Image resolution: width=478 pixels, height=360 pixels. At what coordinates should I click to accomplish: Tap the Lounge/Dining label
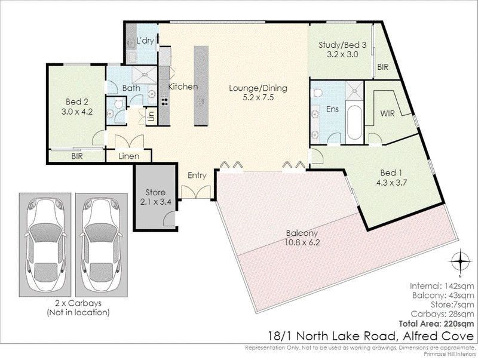click(x=258, y=88)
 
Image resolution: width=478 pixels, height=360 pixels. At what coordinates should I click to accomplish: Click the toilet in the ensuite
click(x=317, y=93)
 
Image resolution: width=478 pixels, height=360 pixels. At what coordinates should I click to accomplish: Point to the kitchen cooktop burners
click(x=164, y=100)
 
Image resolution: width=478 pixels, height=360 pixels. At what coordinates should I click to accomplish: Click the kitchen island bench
click(x=201, y=85)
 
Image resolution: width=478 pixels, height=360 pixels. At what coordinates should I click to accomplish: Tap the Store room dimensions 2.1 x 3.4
click(x=155, y=202)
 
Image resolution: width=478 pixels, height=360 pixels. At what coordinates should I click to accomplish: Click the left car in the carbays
click(x=45, y=245)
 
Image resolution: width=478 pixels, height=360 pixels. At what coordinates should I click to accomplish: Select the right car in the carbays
click(x=101, y=245)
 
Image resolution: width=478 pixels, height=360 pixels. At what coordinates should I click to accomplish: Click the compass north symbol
click(x=460, y=261)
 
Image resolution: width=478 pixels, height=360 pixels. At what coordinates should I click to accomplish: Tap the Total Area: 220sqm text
click(x=437, y=324)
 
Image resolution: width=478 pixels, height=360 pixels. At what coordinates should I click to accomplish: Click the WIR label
click(x=387, y=113)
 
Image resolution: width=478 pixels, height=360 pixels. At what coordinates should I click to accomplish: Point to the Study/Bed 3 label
click(x=342, y=45)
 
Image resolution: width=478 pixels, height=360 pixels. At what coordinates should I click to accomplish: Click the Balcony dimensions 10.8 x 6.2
click(x=302, y=243)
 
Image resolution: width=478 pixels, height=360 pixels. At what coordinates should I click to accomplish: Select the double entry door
click(x=196, y=192)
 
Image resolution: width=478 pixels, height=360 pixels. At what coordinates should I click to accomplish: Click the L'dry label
click(x=145, y=41)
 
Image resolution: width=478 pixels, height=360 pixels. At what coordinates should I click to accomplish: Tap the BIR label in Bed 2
click(x=77, y=156)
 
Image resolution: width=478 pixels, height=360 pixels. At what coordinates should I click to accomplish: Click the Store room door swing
click(x=169, y=219)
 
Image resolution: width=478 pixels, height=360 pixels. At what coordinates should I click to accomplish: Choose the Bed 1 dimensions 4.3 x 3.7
click(x=391, y=183)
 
